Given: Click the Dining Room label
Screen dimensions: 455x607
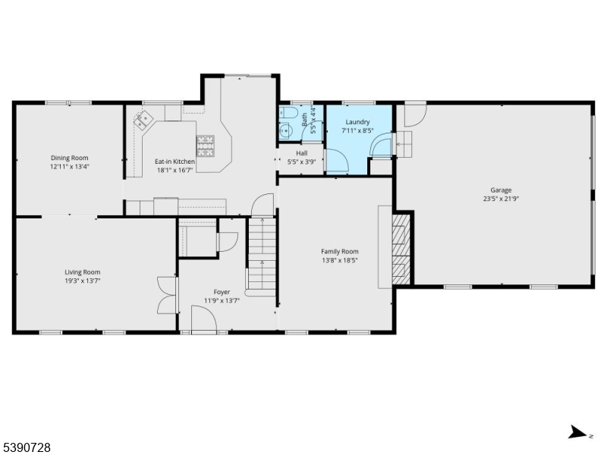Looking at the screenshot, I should [x=70, y=158].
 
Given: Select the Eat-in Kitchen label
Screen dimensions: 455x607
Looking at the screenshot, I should [x=175, y=162].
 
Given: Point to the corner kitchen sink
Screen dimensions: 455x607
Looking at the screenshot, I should [x=143, y=120].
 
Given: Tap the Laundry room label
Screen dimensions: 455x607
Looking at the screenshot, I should [x=357, y=122].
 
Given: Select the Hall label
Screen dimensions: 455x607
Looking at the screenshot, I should [x=301, y=153].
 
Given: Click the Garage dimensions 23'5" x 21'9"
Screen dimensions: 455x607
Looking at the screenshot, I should [x=500, y=199].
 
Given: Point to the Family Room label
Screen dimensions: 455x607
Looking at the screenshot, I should [x=339, y=252].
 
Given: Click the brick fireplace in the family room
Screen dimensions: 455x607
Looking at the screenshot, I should [x=399, y=248].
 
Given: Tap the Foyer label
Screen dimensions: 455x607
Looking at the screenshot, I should [x=222, y=292].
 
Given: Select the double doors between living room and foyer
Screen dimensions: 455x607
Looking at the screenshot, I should [x=165, y=296].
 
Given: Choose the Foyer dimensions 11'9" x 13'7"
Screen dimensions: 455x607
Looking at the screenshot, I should [x=222, y=300].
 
